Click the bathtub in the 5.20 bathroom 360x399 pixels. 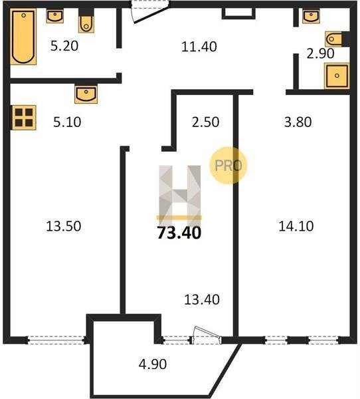23,37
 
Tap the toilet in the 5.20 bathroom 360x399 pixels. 86,21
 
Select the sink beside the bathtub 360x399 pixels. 55,16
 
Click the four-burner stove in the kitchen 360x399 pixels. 24,118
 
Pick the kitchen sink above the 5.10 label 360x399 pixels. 86,94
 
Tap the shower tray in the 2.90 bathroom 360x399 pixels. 337,76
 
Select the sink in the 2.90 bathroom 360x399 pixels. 311,16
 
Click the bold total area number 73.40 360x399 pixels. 179,233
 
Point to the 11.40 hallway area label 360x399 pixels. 199,47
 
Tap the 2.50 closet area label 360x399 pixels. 205,122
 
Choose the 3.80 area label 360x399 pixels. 298,122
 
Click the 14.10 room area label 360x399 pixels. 296,226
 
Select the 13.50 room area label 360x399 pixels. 64,226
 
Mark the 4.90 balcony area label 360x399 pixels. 153,364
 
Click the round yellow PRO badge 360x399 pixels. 228,166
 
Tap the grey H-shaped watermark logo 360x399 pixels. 179,193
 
